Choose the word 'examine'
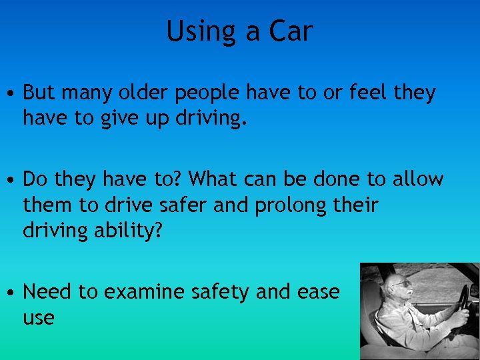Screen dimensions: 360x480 point(144,291)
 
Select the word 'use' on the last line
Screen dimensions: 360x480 point(38,318)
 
